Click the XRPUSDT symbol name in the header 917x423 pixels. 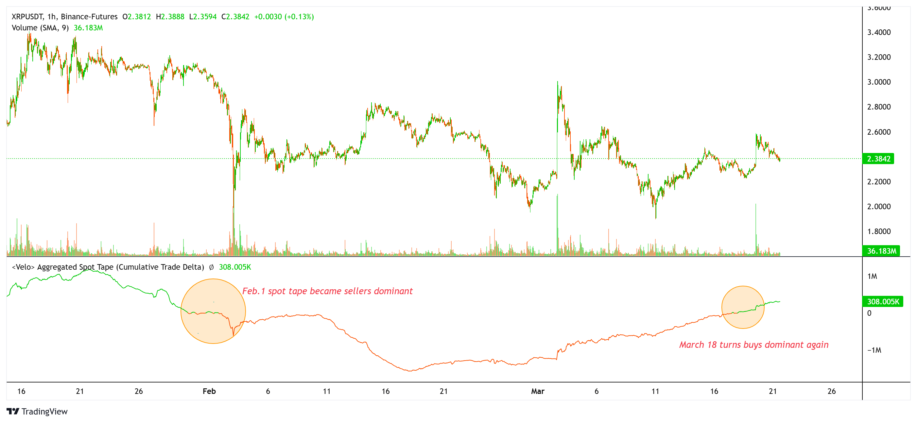[x=27, y=17]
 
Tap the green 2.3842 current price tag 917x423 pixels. [x=878, y=159]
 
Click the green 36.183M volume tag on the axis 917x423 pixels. [x=881, y=251]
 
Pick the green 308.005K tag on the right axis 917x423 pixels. [x=882, y=302]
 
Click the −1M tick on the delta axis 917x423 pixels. [x=874, y=350]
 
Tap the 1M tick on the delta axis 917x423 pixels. [x=872, y=276]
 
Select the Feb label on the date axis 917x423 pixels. [x=209, y=391]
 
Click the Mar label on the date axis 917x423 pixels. [x=538, y=391]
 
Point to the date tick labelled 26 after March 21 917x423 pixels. [x=831, y=391]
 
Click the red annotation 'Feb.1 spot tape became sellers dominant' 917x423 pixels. [x=327, y=291]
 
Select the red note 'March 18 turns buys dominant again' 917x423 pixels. [x=753, y=345]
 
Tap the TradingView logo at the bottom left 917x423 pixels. [x=37, y=412]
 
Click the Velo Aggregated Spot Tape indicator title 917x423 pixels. [x=108, y=267]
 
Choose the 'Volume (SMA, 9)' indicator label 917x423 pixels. [x=40, y=28]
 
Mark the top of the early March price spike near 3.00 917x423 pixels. [x=558, y=82]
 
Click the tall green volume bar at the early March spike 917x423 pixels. [x=558, y=224]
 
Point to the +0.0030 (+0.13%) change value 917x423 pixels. [x=284, y=17]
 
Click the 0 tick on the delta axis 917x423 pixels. [x=869, y=313]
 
